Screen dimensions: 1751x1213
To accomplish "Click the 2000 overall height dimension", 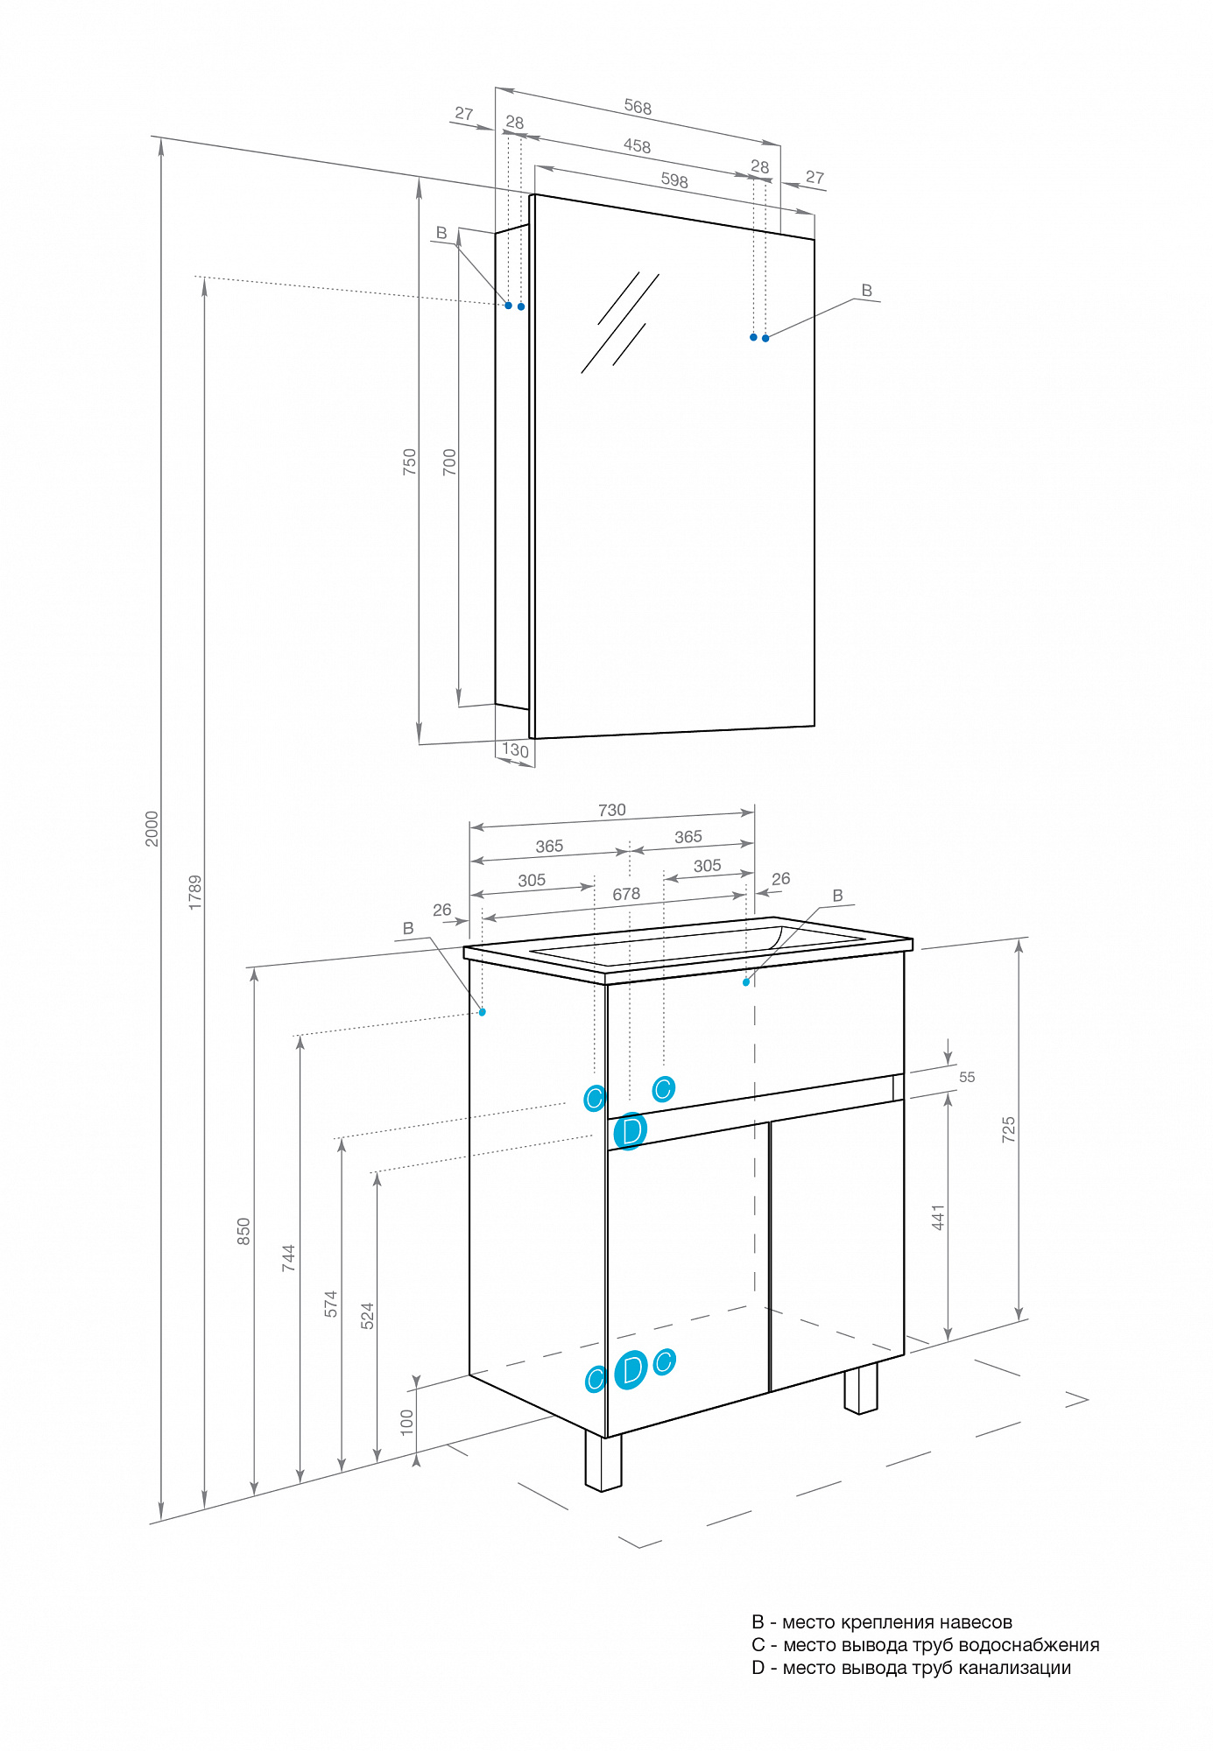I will tap(152, 828).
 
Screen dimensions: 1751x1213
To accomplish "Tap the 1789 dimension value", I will tap(195, 891).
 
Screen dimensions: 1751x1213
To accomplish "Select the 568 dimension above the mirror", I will tap(638, 108).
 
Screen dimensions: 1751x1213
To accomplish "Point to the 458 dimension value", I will tap(637, 146).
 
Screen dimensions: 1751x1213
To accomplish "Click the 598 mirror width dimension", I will tap(674, 180).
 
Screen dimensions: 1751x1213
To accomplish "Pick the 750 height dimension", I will tap(409, 461).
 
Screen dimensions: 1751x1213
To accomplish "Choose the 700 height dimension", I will tap(449, 461).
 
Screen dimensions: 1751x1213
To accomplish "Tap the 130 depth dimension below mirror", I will tap(515, 750).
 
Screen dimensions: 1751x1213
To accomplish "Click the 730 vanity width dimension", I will tap(612, 810).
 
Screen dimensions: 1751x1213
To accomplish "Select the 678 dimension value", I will tap(626, 894).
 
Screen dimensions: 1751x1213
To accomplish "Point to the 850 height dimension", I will tap(243, 1231).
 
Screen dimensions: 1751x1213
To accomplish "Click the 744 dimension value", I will tap(288, 1257).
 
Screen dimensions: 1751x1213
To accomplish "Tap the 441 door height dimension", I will tap(938, 1217).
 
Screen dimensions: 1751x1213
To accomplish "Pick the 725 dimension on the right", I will tap(1008, 1129).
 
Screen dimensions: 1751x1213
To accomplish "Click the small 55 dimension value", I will tap(967, 1077).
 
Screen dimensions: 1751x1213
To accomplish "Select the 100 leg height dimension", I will tap(406, 1420).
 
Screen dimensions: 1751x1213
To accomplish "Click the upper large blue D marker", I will tap(631, 1131).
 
